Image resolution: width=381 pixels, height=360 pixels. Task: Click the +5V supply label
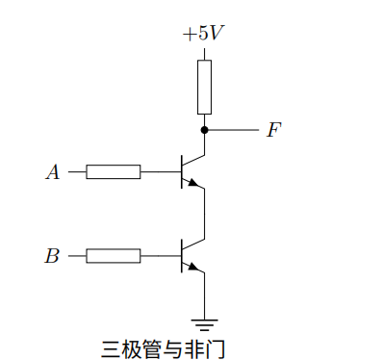click(x=203, y=34)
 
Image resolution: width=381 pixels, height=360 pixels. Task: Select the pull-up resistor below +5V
click(x=204, y=87)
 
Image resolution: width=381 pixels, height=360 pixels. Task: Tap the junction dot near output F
click(x=204, y=129)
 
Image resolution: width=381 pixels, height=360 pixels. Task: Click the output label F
click(x=273, y=130)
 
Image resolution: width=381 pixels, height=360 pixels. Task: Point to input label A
click(x=53, y=172)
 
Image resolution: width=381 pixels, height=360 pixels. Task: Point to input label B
click(x=53, y=256)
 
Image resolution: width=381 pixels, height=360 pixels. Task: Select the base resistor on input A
click(x=114, y=172)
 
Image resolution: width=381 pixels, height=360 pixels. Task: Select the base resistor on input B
click(x=114, y=256)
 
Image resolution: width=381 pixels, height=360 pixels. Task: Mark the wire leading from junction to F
click(x=231, y=129)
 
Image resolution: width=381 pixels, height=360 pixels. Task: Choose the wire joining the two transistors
click(x=204, y=214)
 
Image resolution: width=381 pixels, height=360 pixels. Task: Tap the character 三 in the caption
click(x=111, y=345)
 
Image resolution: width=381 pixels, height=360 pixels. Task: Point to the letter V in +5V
click(x=217, y=34)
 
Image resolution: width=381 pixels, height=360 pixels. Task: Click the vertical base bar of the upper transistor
click(x=182, y=172)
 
